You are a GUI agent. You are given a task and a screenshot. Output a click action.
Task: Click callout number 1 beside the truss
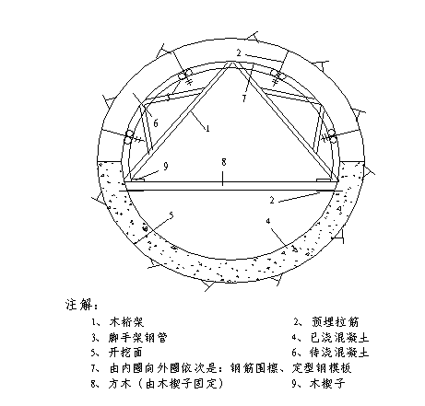(x=208, y=128)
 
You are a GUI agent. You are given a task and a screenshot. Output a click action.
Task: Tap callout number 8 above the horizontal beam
(x=224, y=162)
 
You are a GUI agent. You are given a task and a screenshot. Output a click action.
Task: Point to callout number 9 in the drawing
(x=166, y=167)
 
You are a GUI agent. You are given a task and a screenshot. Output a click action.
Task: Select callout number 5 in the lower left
(x=171, y=215)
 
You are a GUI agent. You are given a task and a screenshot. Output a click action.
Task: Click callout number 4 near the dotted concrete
(x=268, y=221)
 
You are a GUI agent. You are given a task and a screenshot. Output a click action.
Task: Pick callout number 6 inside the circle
(x=156, y=123)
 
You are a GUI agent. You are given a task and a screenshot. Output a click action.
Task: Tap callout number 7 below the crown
(x=244, y=99)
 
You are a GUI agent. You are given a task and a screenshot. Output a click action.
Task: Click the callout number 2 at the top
(x=239, y=52)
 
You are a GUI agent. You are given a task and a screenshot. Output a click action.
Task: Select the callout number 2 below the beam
(x=272, y=200)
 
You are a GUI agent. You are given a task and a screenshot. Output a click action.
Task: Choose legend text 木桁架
(x=126, y=322)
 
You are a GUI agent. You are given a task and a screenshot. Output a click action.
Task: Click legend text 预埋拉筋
(x=336, y=321)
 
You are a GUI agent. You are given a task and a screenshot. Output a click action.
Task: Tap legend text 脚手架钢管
(x=138, y=338)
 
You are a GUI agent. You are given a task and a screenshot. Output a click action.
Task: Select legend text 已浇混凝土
(x=339, y=337)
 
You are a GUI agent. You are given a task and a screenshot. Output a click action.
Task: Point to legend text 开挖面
(x=126, y=353)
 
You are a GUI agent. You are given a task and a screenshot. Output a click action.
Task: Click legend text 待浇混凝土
(x=339, y=353)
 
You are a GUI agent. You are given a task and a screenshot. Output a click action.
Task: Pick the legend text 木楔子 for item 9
(x=328, y=383)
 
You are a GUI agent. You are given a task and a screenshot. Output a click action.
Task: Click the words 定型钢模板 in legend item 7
(x=322, y=367)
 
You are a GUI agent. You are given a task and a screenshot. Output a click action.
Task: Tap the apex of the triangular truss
(x=231, y=63)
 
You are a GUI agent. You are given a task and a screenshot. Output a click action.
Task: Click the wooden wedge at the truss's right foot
(x=323, y=180)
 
